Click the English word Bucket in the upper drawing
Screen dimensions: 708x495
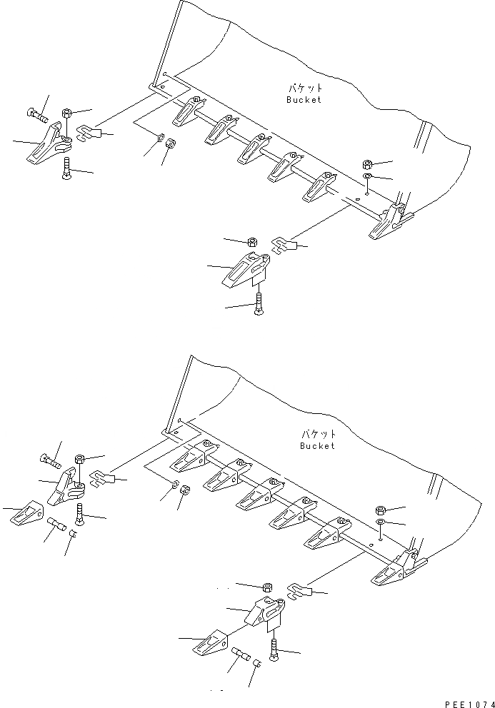(304, 100)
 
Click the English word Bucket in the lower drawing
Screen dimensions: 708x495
(317, 446)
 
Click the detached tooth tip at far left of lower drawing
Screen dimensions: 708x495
(25, 514)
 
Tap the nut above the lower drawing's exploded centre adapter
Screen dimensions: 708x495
(266, 587)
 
